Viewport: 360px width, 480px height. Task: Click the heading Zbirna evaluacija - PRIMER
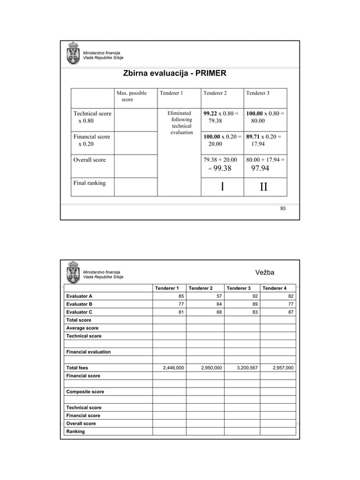pos(175,74)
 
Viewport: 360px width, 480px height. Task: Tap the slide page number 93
pos(283,209)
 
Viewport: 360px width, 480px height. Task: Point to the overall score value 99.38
pos(219,168)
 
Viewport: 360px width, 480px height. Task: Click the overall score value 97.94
pos(260,168)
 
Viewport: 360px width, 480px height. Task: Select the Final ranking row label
pos(90,183)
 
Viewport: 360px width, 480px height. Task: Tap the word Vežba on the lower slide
pos(265,272)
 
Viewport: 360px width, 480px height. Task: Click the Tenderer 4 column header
pos(274,288)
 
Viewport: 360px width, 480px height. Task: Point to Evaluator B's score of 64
pos(218,304)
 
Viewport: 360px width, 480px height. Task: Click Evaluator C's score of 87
pos(290,312)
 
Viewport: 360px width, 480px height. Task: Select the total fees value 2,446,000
pos(173,368)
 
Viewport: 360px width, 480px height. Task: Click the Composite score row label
pos(85,391)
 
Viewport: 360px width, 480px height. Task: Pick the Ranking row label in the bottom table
pos(76,431)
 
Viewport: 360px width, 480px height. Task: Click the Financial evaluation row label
pos(89,352)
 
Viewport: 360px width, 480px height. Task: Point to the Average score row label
pos(82,328)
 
